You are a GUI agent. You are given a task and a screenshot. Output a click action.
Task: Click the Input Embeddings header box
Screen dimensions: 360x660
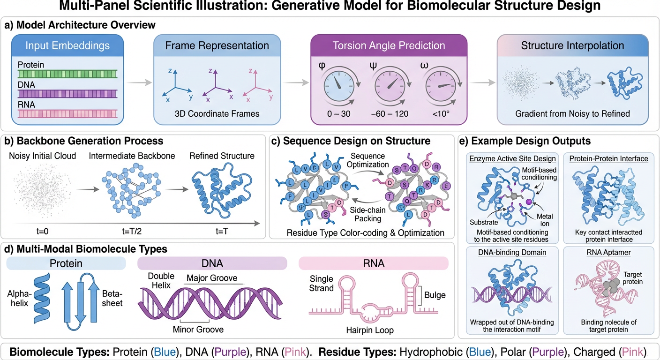67,45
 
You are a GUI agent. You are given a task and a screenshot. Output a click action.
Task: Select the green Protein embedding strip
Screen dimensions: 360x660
67,74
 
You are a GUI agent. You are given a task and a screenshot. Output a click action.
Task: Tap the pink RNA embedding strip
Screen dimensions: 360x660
67,113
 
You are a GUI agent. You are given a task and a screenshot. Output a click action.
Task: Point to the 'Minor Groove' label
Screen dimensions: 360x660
198,330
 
